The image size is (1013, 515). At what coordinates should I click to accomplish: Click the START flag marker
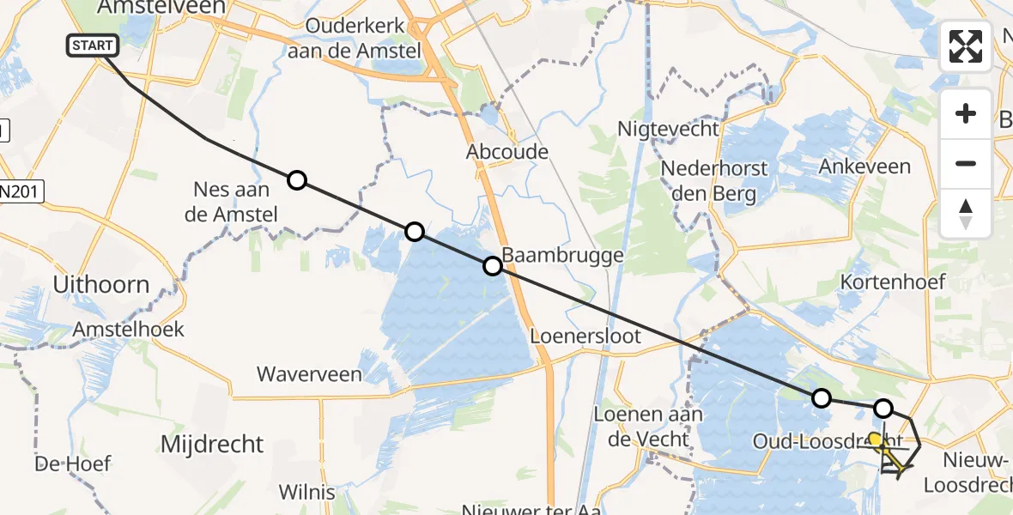(89, 45)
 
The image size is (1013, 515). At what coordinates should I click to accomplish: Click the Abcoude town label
(507, 152)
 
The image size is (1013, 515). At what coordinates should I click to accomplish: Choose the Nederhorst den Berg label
(708, 180)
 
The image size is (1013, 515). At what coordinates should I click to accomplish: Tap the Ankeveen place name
(864, 166)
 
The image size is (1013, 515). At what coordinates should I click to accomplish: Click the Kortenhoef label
(893, 282)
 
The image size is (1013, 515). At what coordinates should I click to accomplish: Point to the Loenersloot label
(585, 336)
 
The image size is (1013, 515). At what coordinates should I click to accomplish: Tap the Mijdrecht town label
(212, 444)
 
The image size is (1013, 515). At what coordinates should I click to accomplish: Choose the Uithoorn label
(100, 284)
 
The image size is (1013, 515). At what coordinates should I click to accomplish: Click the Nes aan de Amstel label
(232, 202)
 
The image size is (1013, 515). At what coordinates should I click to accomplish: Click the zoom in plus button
(966, 113)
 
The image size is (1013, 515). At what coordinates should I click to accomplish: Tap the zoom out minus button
(966, 163)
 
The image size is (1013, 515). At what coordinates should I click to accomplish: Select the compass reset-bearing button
(966, 213)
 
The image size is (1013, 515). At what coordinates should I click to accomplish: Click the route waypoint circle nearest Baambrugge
(493, 266)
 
